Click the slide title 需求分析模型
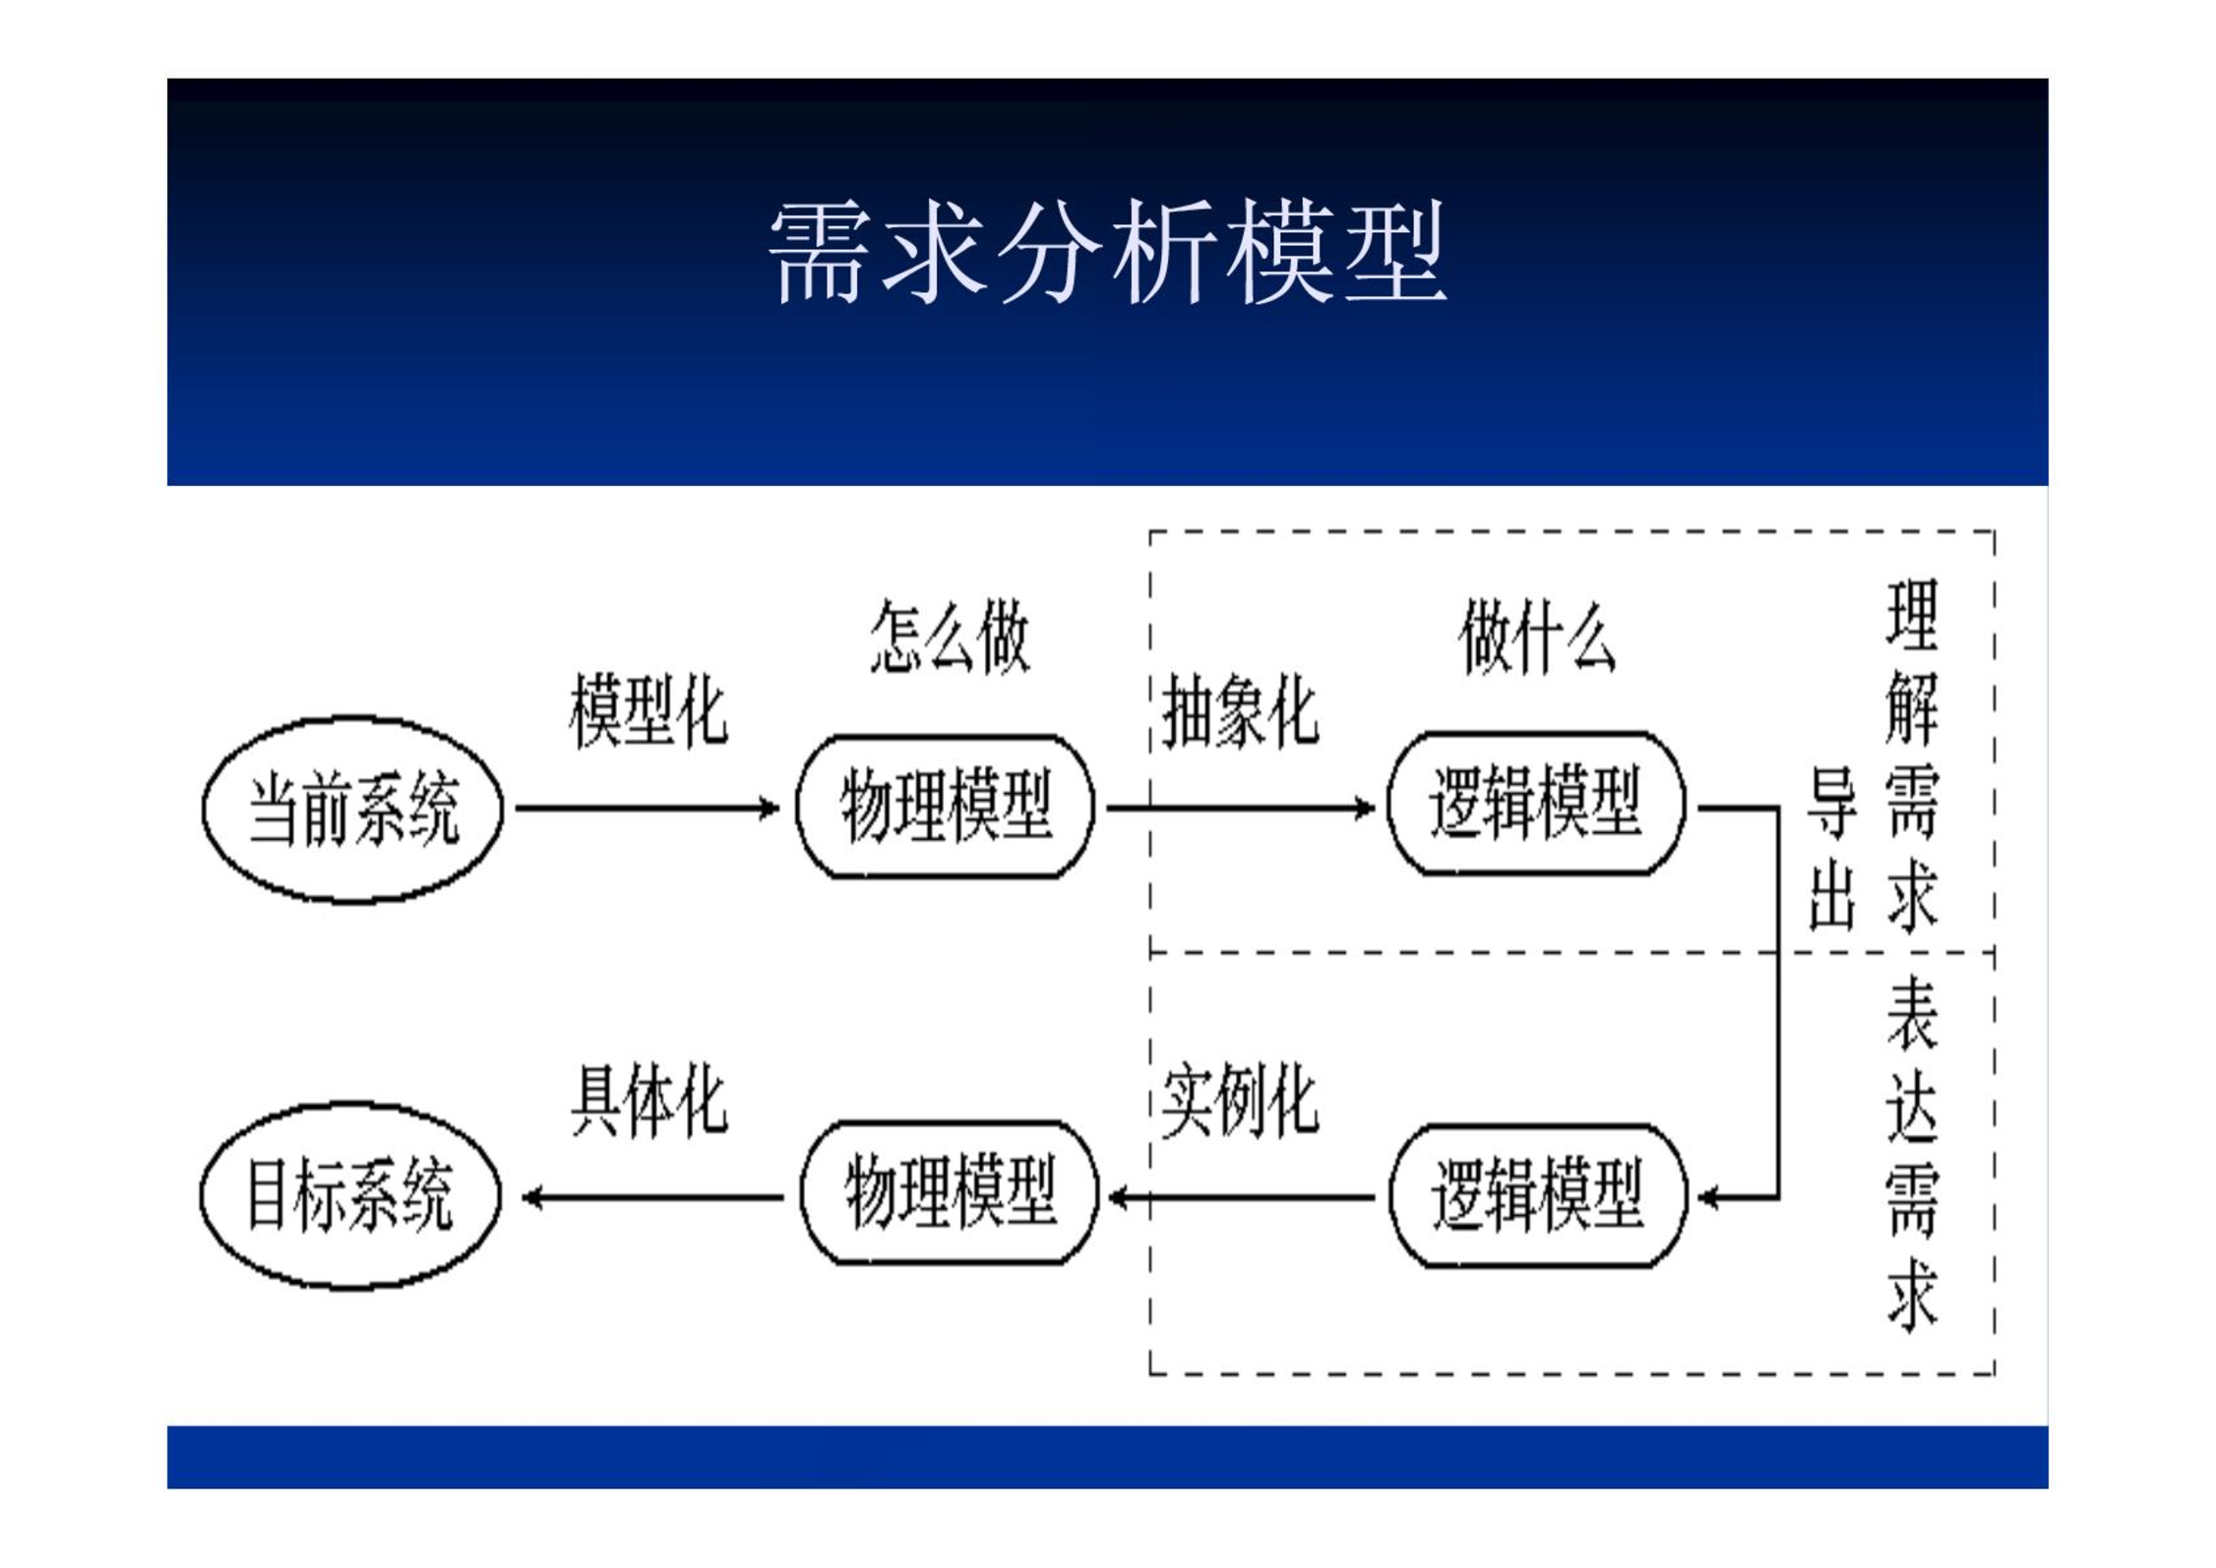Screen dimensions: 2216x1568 pos(1107,252)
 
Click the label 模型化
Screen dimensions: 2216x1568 pos(648,711)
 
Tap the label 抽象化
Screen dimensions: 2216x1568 pos(1240,711)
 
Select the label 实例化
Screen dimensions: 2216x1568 pos(1240,1100)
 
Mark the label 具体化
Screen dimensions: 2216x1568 pos(649,1100)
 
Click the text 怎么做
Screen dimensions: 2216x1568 pos(950,636)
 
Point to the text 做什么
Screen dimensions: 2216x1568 pos(1537,636)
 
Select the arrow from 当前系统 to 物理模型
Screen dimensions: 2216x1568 pos(647,809)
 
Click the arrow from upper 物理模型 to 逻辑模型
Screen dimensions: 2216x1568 pos(1241,809)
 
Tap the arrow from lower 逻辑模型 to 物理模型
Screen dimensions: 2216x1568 pos(1241,1197)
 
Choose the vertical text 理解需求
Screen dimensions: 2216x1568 pos(1912,755)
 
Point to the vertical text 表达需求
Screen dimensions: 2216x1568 pos(1912,1153)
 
